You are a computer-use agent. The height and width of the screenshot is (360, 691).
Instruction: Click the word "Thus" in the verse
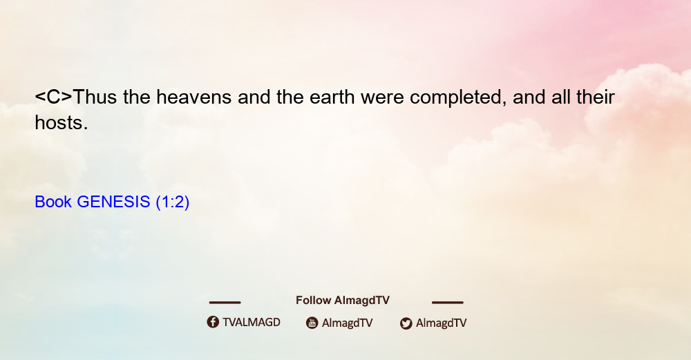point(95,97)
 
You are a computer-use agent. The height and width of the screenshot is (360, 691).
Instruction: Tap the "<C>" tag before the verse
point(53,97)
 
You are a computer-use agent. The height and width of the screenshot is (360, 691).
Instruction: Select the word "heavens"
point(194,97)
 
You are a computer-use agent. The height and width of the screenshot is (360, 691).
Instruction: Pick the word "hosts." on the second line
point(61,122)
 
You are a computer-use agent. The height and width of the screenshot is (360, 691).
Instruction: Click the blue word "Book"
point(53,202)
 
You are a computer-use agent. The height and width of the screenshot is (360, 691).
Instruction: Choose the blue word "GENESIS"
point(113,202)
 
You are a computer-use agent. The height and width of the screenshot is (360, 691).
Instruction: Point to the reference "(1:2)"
point(172,202)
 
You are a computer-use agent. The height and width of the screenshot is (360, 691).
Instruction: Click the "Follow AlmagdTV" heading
point(343,301)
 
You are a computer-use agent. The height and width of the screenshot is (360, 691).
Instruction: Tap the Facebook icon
point(213,322)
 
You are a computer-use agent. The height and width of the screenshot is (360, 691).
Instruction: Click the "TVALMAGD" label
point(252,323)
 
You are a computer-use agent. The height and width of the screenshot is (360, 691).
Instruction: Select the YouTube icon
point(312,323)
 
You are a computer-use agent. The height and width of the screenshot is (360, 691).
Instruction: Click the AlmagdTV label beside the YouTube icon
point(348,323)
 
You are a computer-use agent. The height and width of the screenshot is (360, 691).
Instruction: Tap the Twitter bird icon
point(406,323)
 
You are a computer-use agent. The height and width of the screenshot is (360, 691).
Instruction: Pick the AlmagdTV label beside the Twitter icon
point(441,323)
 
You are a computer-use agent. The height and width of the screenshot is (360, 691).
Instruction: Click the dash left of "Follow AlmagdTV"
point(225,303)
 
